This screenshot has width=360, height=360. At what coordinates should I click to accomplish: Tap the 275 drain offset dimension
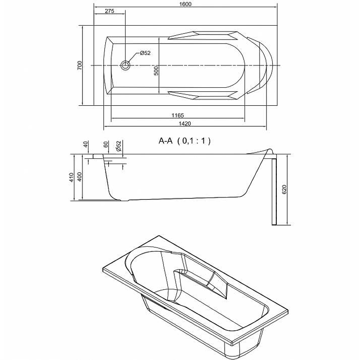point(109,11)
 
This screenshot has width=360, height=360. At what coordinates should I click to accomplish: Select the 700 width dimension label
point(80,65)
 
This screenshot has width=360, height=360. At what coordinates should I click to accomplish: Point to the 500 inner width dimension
point(156,71)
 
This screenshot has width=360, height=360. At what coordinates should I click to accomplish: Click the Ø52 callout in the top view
point(145,53)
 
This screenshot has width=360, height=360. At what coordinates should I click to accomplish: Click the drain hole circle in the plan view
point(126,65)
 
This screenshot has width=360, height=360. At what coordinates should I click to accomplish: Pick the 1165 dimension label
point(178,115)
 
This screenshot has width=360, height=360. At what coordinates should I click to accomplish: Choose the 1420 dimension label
point(184,123)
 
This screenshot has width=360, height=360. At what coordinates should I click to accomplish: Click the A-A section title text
point(166,141)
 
